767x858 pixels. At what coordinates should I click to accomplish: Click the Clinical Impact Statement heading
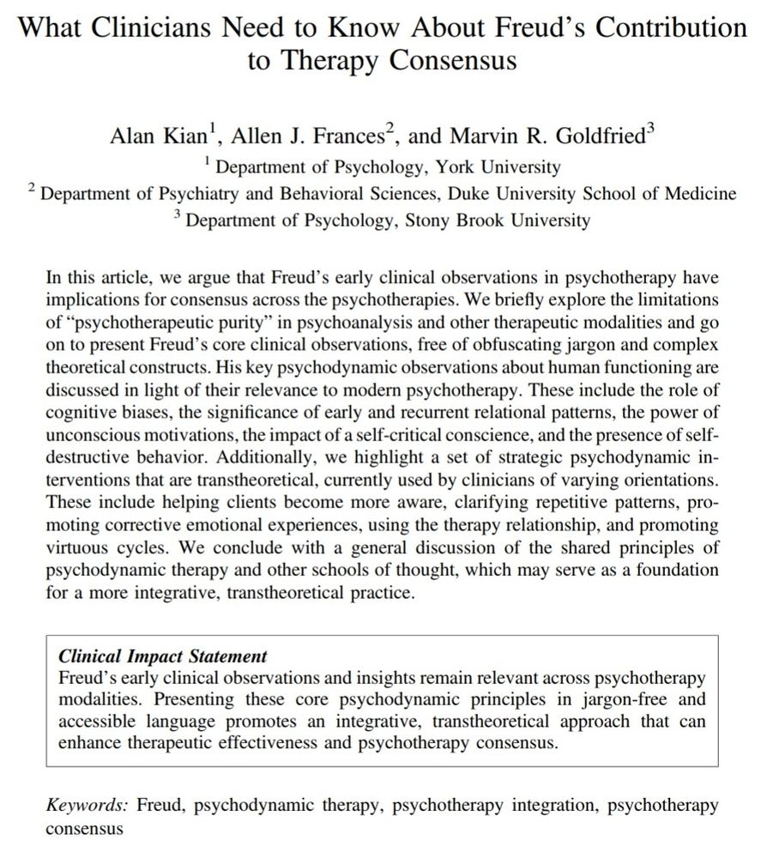tap(162, 656)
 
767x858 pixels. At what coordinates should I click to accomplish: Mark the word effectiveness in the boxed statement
tap(246, 743)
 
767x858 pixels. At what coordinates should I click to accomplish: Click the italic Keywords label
tap(87, 807)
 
